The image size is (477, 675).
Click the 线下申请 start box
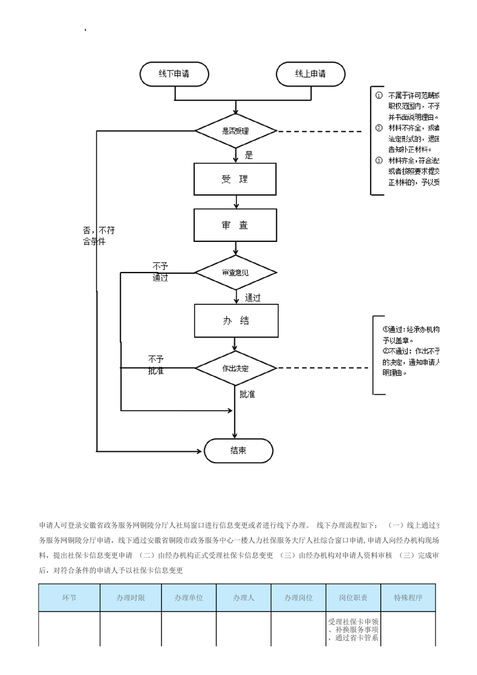coord(174,74)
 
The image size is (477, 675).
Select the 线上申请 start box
coord(310,74)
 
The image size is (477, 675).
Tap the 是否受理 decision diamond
coord(235,131)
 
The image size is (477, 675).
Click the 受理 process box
coord(235,179)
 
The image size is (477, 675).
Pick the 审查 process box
coord(235,225)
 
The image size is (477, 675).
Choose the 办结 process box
coord(236,321)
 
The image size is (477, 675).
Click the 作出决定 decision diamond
coord(235,368)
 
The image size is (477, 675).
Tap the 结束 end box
coord(238,451)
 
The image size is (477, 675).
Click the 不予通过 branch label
coord(160,271)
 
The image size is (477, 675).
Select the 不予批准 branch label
coord(156,365)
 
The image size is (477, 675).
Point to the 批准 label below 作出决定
coord(247,395)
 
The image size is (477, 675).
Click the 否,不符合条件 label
coord(99,236)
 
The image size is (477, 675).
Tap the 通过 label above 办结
coord(253,297)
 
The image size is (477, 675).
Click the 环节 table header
coord(69,598)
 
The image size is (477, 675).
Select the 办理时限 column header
coord(131,598)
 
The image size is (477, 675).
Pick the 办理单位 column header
coord(189,598)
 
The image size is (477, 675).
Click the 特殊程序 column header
coord(408,598)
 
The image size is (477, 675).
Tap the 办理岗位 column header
coord(299,598)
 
